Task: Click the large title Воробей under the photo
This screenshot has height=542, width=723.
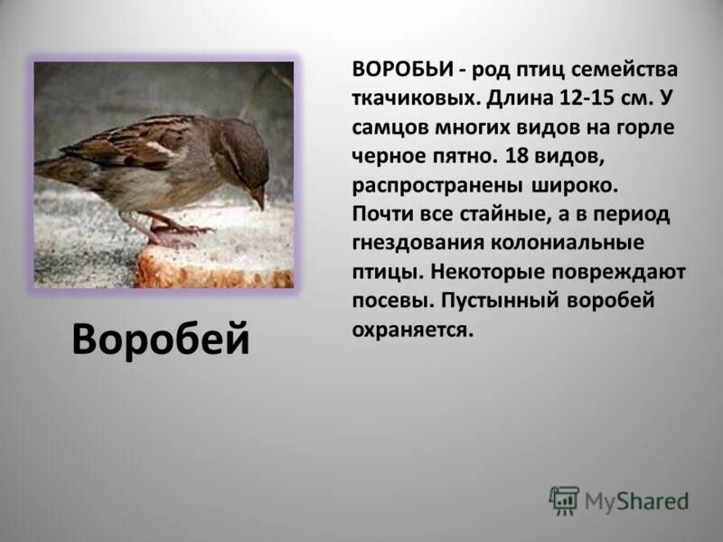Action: coord(160,339)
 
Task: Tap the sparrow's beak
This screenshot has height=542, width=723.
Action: coord(259,198)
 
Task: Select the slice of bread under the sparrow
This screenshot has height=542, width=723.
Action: coord(217,262)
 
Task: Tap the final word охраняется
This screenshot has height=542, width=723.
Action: coord(413,330)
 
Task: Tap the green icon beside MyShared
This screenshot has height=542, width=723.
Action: coord(564,500)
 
